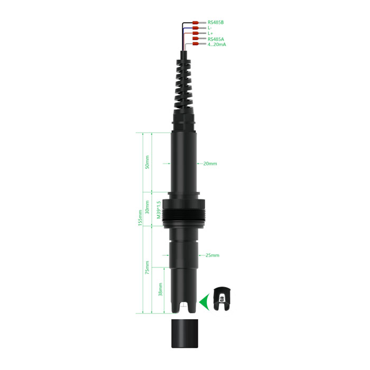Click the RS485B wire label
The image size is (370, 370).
pyautogui.click(x=216, y=22)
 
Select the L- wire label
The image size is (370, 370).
pyautogui.click(x=209, y=28)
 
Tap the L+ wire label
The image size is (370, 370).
pyautogui.click(x=210, y=33)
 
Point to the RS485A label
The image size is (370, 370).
pyautogui.click(x=216, y=39)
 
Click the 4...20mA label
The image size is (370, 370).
pyautogui.click(x=217, y=44)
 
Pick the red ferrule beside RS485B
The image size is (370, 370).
pyautogui.click(x=196, y=23)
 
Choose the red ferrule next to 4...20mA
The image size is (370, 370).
pyautogui.click(x=196, y=44)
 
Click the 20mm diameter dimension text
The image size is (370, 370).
pyautogui.click(x=210, y=163)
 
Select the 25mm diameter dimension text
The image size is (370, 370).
pyautogui.click(x=212, y=255)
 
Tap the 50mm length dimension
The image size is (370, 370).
pyautogui.click(x=147, y=162)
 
